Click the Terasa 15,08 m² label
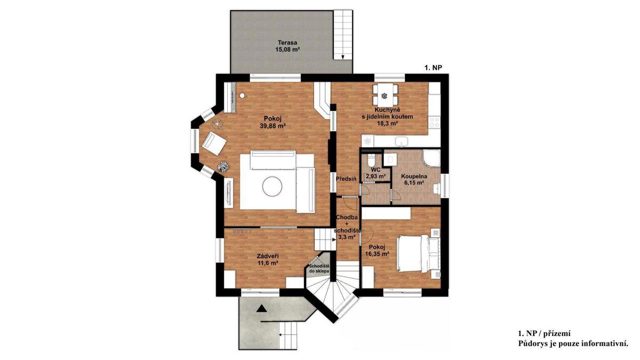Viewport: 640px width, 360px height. tap(287, 46)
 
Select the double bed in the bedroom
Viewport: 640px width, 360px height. tap(418, 254)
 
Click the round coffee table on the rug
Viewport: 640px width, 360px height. tap(272, 186)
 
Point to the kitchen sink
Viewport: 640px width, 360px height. tap(402, 141)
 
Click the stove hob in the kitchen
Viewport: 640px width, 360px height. tap(434, 122)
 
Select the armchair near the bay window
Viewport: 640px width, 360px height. tap(214, 143)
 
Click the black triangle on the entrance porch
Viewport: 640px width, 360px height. tap(261, 308)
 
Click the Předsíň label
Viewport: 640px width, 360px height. tap(346, 179)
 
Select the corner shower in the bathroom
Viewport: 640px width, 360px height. tap(431, 158)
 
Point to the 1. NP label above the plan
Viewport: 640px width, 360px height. tap(433, 67)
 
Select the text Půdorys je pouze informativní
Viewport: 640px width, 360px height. tap(573, 343)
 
